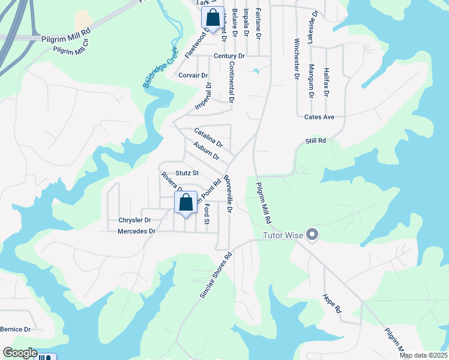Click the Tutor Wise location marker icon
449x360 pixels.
(x=312, y=235)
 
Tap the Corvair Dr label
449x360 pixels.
(x=193, y=76)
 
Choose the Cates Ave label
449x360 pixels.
(x=319, y=117)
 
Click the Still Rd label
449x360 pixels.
(x=315, y=140)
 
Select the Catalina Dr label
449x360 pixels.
(x=208, y=138)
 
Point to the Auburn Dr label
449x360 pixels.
(x=206, y=151)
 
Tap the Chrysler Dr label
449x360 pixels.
(x=134, y=220)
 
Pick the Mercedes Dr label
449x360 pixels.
(x=136, y=231)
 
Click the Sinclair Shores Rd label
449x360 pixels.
(x=215, y=275)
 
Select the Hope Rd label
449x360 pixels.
(x=331, y=304)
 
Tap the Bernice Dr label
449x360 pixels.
(x=16, y=329)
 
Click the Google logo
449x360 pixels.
(x=19, y=353)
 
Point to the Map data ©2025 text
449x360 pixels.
(x=423, y=355)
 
